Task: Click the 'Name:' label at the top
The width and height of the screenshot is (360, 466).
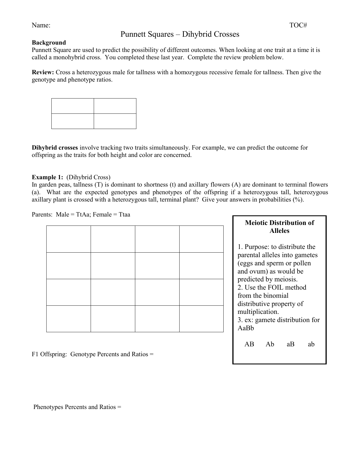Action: point(41,25)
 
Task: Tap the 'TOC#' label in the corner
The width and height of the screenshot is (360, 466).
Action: point(298,25)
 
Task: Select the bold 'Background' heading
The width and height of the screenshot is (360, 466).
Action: point(49,43)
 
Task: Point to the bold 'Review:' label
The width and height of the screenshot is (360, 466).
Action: point(43,72)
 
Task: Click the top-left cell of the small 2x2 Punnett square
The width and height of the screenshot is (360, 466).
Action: point(73,106)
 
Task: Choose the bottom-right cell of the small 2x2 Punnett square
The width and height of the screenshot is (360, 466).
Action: point(115,121)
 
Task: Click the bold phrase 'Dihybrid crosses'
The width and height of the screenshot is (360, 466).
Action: point(55,148)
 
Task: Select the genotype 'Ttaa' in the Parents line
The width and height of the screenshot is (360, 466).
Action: point(125,215)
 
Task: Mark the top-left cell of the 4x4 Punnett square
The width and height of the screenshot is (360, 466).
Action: point(69,239)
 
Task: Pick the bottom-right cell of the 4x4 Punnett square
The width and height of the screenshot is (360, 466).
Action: point(201,319)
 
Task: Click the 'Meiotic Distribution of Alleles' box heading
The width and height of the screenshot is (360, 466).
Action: point(279,227)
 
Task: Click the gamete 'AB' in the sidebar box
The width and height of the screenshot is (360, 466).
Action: point(249,344)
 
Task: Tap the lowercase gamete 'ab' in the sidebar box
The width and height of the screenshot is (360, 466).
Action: point(311,344)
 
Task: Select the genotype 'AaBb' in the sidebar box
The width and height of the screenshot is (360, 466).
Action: point(246,328)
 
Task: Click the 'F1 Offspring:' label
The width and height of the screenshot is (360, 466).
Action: point(49,354)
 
